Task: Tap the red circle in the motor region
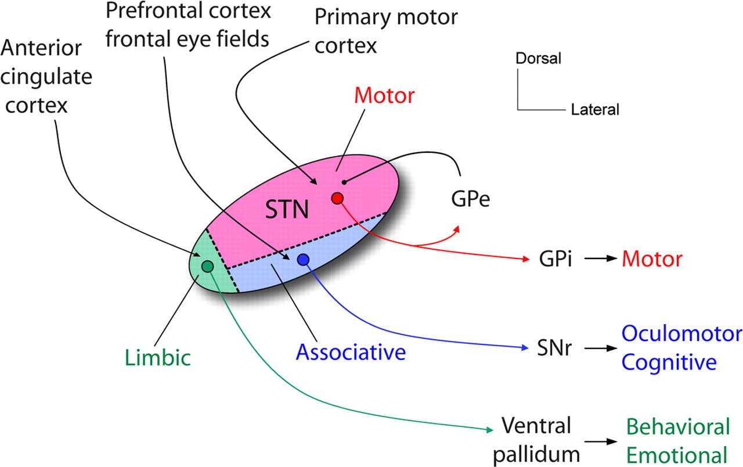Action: pos(337,198)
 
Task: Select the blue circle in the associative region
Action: pos(303,260)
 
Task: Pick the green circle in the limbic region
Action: pos(207,266)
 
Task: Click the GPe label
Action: pos(470,200)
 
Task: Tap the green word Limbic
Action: pos(157,357)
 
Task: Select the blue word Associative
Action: pos(351,351)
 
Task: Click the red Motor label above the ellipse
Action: pos(385,95)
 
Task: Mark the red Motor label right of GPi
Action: pos(652,259)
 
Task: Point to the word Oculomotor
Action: pos(681,334)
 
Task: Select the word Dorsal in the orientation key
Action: pos(539,59)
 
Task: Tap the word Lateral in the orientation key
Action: pos(595,109)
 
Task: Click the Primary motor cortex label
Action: pos(386,30)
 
